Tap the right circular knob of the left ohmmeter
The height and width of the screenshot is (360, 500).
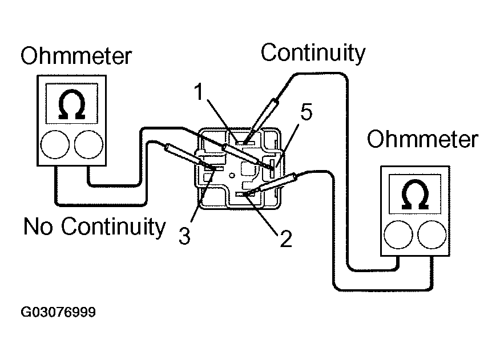(x=88, y=144)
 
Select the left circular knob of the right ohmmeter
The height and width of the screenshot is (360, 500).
(x=398, y=234)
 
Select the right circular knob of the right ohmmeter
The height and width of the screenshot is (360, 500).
(x=431, y=234)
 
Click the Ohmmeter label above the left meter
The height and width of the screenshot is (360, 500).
(x=76, y=56)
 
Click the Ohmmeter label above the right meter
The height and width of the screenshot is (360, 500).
(x=422, y=139)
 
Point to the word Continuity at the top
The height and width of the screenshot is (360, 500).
(x=313, y=52)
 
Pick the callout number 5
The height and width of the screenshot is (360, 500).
(x=307, y=113)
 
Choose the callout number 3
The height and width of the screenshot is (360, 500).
(x=184, y=236)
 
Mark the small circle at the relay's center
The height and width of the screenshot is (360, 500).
(x=231, y=169)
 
